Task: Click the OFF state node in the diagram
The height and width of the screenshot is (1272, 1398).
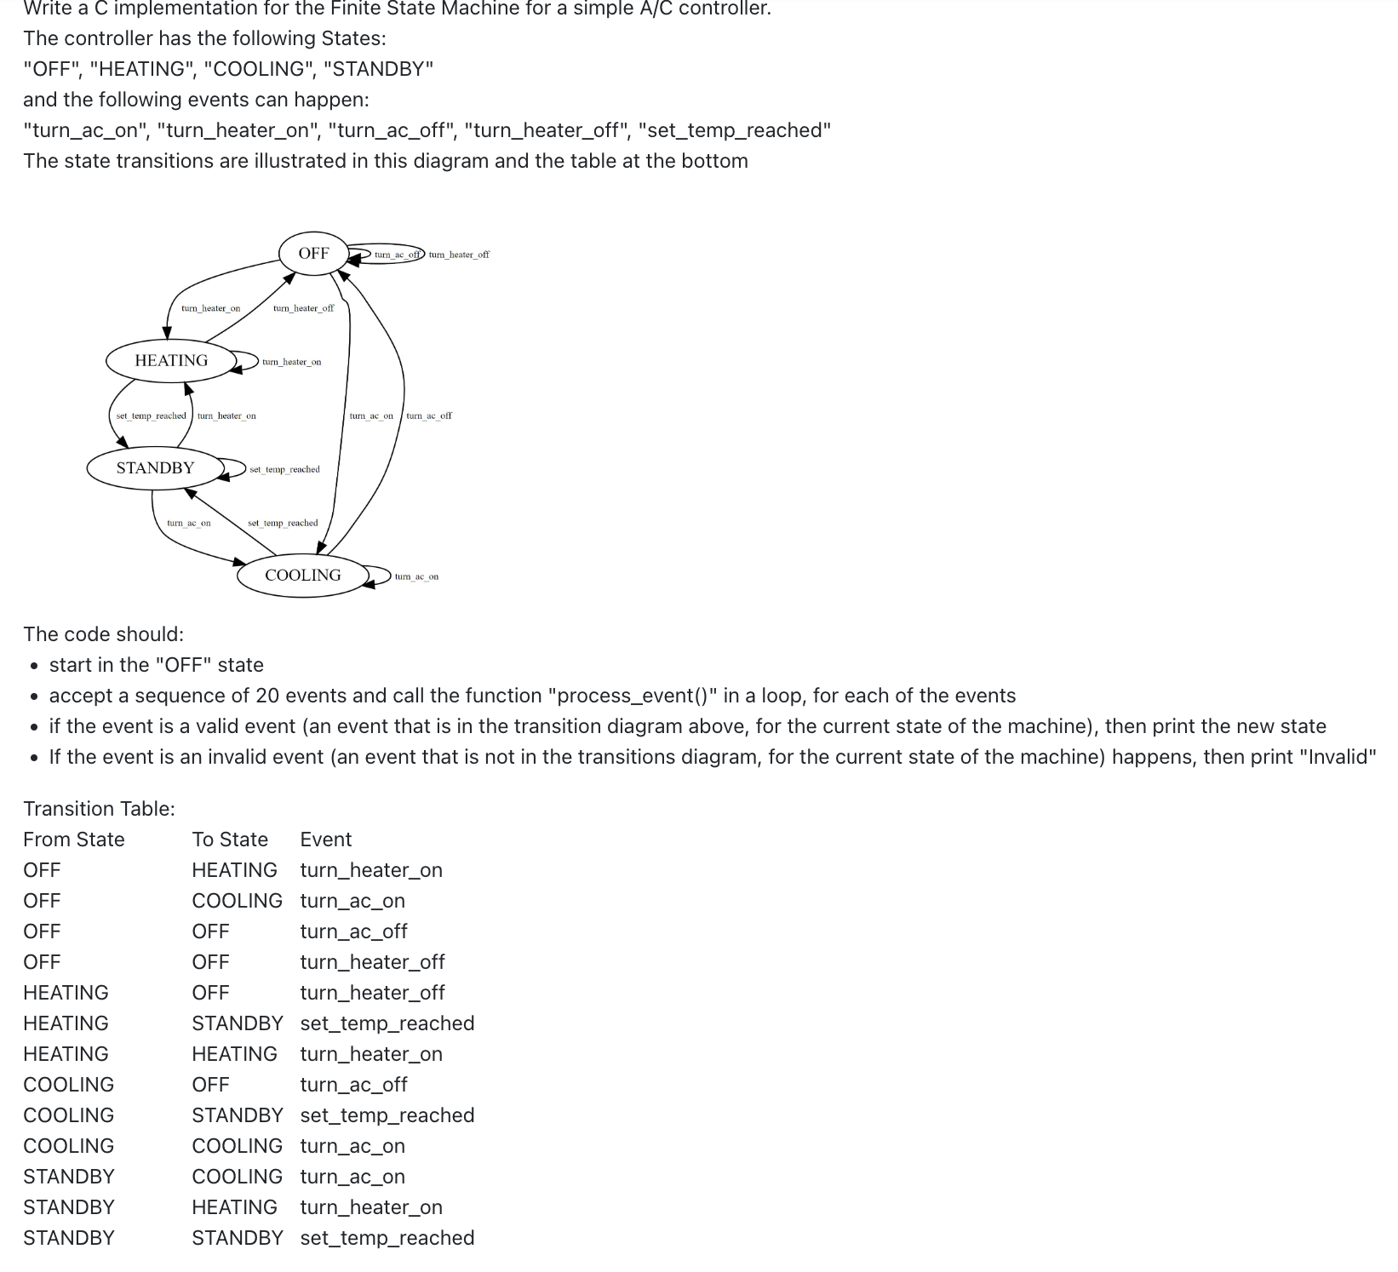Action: pyautogui.click(x=313, y=253)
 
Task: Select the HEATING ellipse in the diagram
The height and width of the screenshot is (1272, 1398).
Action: pyautogui.click(x=171, y=360)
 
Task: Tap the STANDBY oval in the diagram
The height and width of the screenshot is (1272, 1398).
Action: pyautogui.click(x=155, y=467)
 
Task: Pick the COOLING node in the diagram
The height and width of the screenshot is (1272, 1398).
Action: pyautogui.click(x=302, y=575)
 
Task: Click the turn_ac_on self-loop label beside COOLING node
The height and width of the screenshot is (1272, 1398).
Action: pyautogui.click(x=416, y=576)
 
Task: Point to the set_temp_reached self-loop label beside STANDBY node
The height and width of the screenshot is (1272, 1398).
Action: pyautogui.click(x=284, y=469)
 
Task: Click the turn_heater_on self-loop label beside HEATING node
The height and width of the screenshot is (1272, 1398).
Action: pyautogui.click(x=291, y=362)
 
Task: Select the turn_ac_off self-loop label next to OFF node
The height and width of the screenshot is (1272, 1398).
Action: pyautogui.click(x=398, y=255)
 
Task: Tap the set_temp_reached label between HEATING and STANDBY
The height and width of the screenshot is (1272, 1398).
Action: pyautogui.click(x=151, y=415)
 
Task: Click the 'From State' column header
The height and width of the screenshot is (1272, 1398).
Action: pyautogui.click(x=74, y=839)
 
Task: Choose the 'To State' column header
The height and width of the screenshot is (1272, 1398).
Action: pyautogui.click(x=230, y=839)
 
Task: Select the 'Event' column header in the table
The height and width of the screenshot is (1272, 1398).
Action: pyautogui.click(x=326, y=839)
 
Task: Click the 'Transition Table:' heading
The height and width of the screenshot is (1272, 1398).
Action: pyautogui.click(x=99, y=809)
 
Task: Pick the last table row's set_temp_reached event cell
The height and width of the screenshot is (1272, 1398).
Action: pyautogui.click(x=387, y=1238)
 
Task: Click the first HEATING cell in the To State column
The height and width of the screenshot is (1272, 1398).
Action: pyautogui.click(x=234, y=870)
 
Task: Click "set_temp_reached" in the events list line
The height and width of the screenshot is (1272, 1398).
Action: pyautogui.click(x=735, y=130)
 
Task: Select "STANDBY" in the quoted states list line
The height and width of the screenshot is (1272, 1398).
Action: pyautogui.click(x=378, y=69)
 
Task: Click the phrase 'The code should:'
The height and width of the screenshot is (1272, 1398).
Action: pyautogui.click(x=103, y=634)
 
